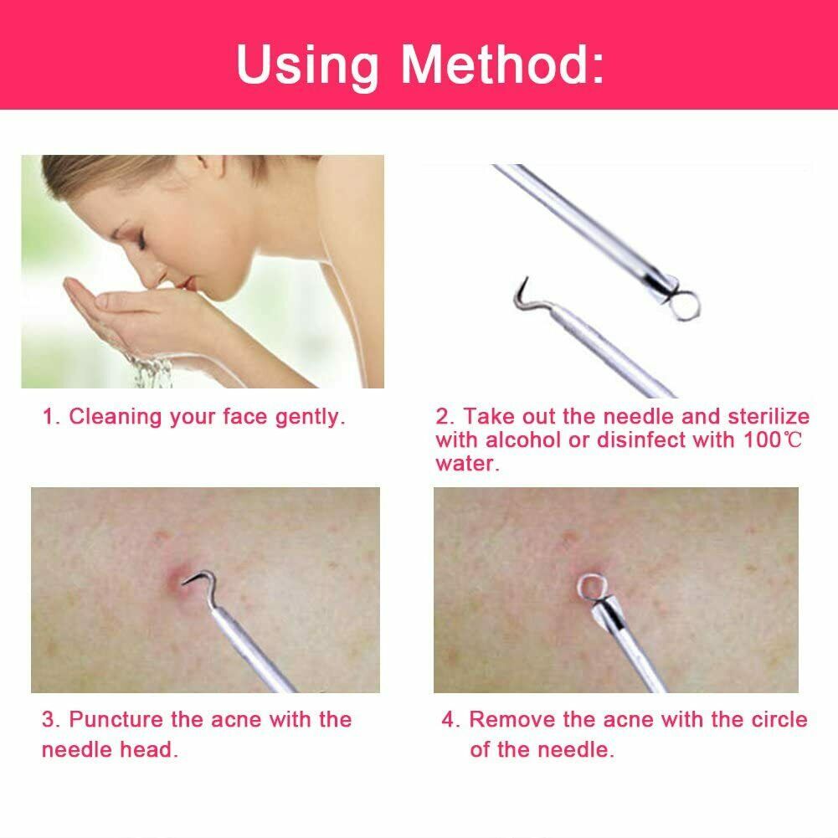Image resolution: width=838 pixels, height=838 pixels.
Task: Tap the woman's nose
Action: pyautogui.click(x=151, y=275)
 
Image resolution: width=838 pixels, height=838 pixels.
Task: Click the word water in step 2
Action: pyautogui.click(x=466, y=464)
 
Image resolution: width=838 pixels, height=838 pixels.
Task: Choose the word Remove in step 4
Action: pyautogui.click(x=511, y=720)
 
